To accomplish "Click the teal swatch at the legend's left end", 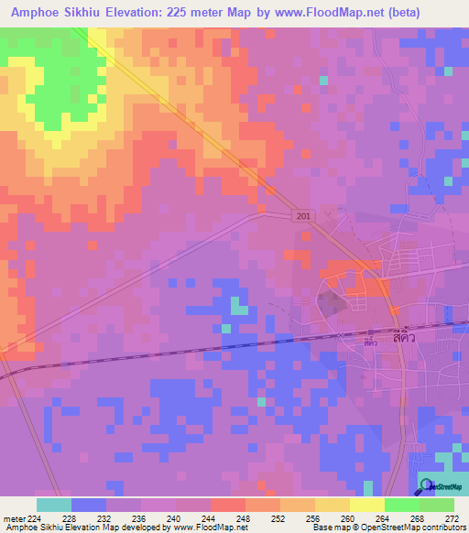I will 54,505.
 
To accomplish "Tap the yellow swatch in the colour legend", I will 366,505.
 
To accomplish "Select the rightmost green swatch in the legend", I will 436,505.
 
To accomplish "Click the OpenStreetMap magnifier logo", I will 426,486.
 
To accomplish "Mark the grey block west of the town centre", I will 332,307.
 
